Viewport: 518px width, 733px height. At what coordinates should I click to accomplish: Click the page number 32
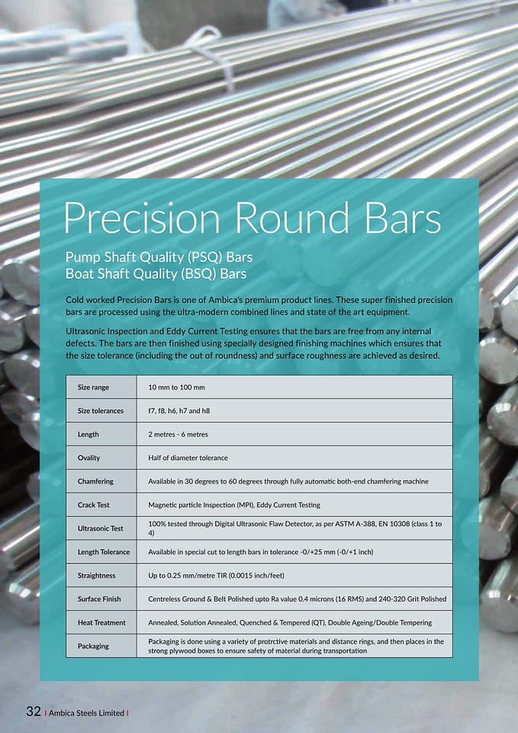coord(33,712)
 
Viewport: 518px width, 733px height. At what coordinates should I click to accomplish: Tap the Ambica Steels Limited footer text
coord(86,713)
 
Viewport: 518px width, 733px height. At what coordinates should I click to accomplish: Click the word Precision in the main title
coord(142,218)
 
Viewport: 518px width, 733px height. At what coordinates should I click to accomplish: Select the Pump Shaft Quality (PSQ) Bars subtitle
coord(159,257)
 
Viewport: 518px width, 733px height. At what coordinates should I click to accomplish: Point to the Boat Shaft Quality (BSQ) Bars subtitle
coord(156,273)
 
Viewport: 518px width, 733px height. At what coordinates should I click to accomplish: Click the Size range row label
coord(93,387)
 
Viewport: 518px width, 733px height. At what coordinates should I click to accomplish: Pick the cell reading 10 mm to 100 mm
coord(176,387)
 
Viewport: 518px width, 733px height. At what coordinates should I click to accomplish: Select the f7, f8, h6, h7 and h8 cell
coord(179,411)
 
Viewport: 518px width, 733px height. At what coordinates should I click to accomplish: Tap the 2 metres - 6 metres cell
coord(178,434)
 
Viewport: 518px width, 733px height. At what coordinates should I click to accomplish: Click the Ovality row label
coord(88,457)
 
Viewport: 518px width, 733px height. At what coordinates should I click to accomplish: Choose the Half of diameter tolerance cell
coord(188,457)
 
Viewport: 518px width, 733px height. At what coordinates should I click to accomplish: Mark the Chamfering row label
coord(95,481)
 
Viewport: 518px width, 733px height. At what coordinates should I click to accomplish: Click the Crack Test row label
coord(93,505)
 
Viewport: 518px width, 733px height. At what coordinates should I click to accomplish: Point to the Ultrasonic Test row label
coord(101,528)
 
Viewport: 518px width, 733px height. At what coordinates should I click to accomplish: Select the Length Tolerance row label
coord(104,551)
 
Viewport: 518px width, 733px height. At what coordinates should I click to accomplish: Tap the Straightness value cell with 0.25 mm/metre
coord(216,576)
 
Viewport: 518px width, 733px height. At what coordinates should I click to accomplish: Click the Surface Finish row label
coord(99,599)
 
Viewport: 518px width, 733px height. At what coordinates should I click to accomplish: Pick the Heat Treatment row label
coord(101,622)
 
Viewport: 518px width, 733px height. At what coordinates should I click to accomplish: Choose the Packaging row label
coord(93,646)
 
